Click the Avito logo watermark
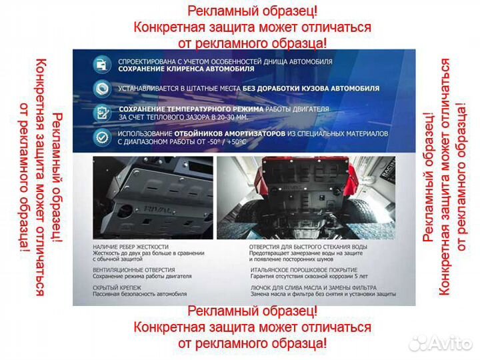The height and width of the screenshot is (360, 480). pos(440,343)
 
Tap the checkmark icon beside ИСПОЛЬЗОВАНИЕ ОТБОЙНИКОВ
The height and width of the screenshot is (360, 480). pos(101,137)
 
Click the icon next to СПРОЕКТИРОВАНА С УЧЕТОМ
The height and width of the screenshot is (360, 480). pos(101,65)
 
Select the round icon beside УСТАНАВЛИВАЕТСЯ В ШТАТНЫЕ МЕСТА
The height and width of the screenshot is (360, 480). pos(101,88)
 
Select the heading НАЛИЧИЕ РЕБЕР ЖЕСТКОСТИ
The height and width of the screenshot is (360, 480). pos(131,247)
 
